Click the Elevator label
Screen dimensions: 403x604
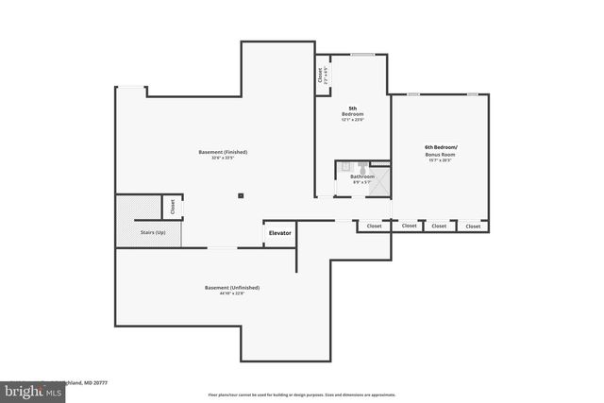point(281,233)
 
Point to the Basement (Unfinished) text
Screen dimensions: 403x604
point(232,287)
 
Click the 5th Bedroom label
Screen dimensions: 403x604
point(352,110)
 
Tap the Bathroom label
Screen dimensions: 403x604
point(362,176)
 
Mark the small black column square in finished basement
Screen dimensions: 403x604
point(242,195)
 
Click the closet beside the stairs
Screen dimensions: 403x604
point(173,206)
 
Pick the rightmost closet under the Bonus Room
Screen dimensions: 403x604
point(473,227)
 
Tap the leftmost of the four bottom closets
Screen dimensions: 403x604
point(374,227)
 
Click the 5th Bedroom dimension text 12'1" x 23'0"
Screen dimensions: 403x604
point(352,120)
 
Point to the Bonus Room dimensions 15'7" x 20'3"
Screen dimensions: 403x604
point(441,160)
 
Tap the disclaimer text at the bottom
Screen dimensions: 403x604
point(302,394)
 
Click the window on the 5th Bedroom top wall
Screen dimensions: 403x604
point(363,55)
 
